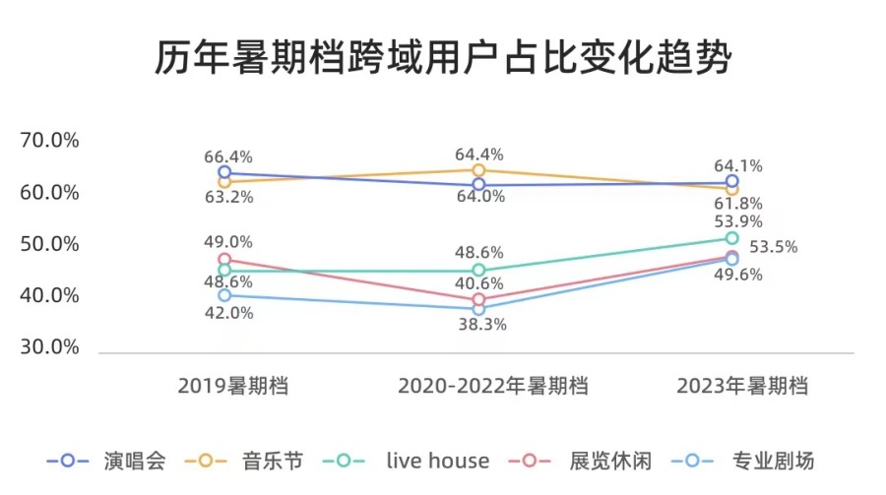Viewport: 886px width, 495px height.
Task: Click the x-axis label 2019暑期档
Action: (233, 386)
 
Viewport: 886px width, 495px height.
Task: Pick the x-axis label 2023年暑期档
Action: (743, 386)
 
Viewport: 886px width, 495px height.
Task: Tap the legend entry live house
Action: (437, 460)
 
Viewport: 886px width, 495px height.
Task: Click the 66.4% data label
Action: (228, 156)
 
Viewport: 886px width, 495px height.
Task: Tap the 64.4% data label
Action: (479, 155)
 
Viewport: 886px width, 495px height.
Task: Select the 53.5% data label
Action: (774, 246)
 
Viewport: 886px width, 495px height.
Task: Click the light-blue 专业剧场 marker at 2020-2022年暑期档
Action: (478, 309)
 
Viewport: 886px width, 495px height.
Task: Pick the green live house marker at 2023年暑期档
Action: (731, 238)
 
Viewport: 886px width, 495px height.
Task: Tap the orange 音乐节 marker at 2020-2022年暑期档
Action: (478, 170)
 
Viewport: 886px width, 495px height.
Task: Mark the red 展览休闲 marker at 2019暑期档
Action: (224, 260)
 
